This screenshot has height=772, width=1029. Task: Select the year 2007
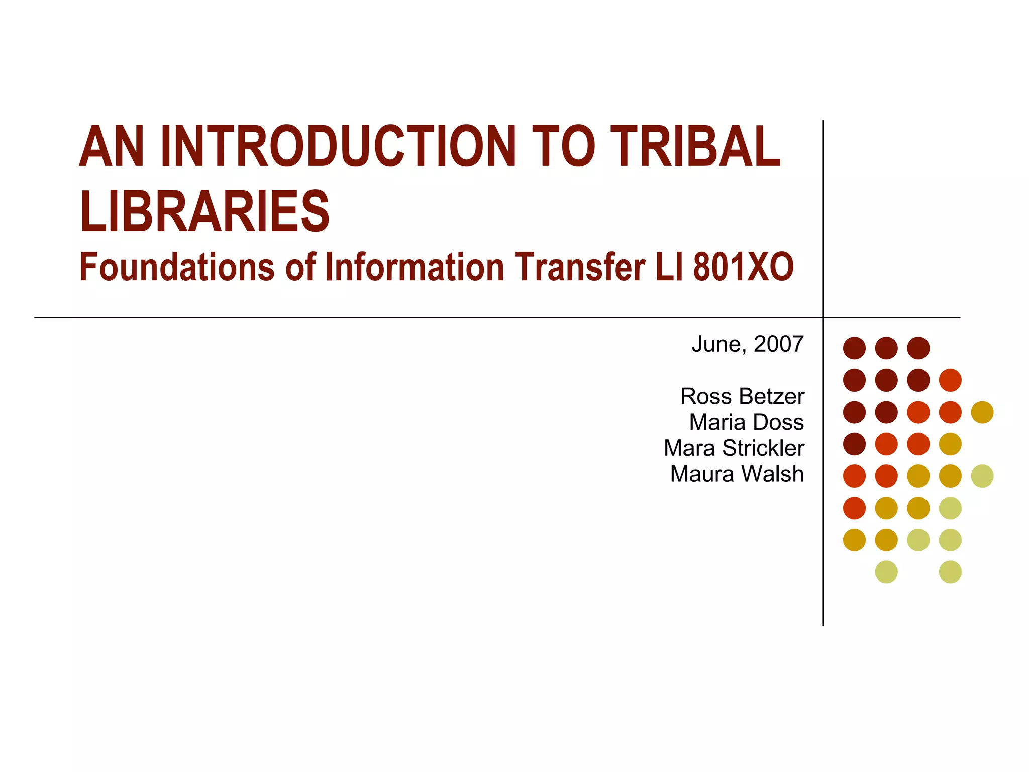(779, 344)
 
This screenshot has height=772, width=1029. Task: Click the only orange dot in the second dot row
(950, 380)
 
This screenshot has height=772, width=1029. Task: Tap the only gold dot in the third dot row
(982, 412)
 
